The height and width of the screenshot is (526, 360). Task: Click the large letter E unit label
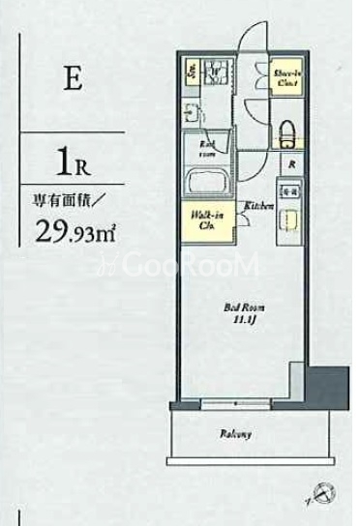(x=72, y=79)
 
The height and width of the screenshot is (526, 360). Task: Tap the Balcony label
(x=236, y=434)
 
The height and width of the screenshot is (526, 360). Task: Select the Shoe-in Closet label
(x=285, y=78)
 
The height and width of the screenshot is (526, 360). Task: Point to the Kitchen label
(x=255, y=206)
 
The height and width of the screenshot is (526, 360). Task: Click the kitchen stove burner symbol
(x=290, y=194)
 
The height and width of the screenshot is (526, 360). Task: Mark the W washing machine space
(x=216, y=71)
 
